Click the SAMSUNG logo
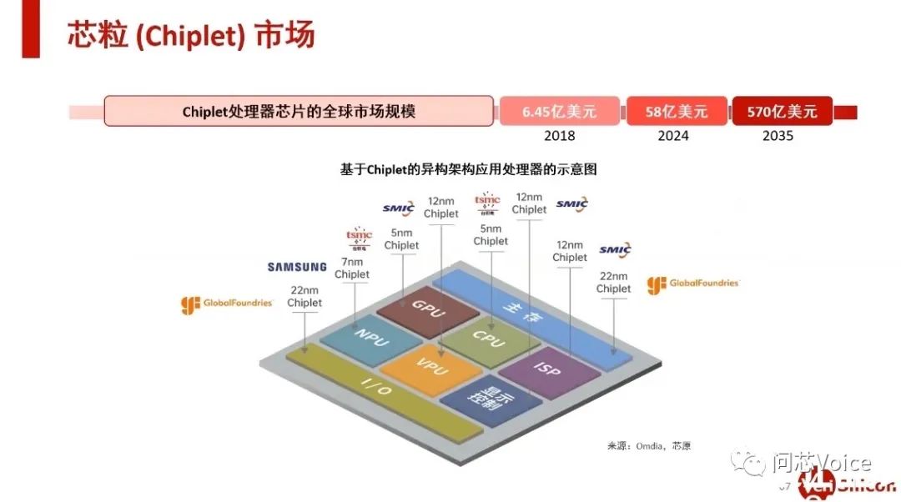pos(297,267)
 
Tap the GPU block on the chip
pos(428,308)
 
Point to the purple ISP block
pos(548,369)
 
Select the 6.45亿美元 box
pos(559,111)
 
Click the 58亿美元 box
pos(676,111)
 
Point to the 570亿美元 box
pos(782,111)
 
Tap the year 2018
pos(558,136)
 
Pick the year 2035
pos(778,136)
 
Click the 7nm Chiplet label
pos(351,268)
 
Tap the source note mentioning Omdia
pos(649,445)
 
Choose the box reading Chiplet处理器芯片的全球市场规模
pos(299,111)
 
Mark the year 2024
pos(673,136)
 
